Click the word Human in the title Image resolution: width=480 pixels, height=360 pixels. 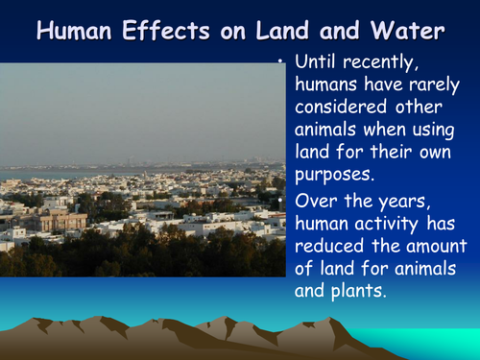pyautogui.click(x=76, y=31)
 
